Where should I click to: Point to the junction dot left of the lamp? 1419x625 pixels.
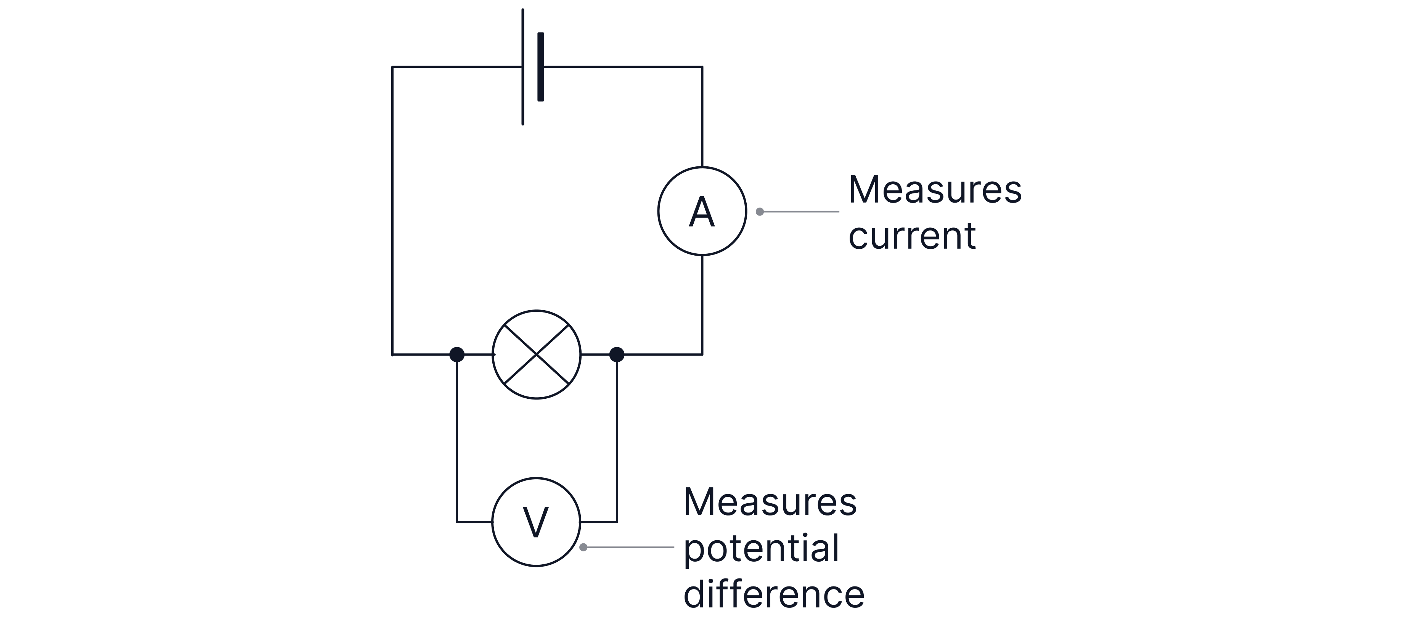[456, 354]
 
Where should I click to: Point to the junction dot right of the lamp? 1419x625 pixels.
[616, 354]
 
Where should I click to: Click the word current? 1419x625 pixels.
[912, 236]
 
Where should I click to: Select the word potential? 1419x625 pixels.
[761, 548]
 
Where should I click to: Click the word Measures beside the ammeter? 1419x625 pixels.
[935, 190]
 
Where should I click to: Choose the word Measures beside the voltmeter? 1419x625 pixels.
[770, 502]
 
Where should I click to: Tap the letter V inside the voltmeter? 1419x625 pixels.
[535, 522]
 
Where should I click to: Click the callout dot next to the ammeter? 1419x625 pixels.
[760, 211]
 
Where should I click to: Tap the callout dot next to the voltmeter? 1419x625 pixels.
[583, 547]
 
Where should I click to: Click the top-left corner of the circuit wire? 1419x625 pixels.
[392, 67]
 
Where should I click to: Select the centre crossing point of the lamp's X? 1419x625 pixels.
[536, 354]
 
